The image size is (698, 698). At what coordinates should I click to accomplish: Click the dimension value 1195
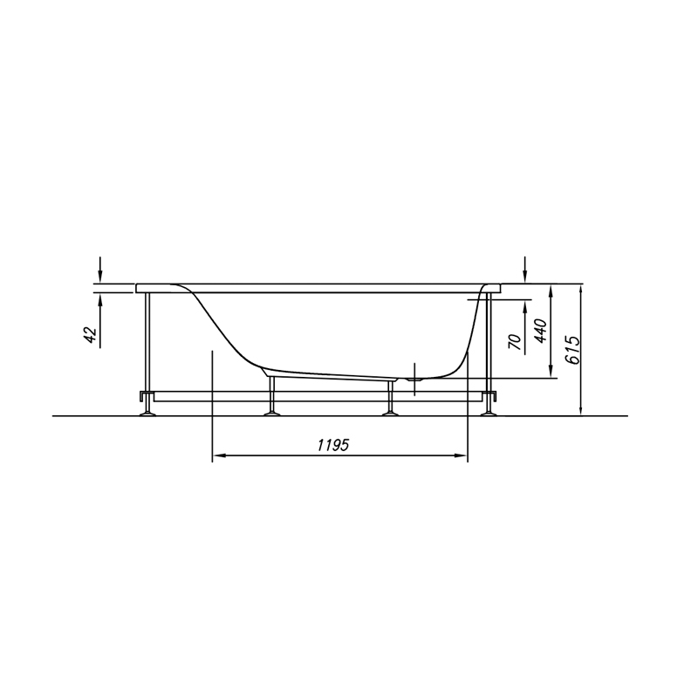[x=333, y=445]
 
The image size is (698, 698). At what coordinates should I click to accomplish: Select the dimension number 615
[x=574, y=351]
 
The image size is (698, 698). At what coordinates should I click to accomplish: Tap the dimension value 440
[x=540, y=331]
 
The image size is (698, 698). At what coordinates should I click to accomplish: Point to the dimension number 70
[x=514, y=341]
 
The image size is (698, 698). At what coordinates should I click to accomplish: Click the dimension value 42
[x=91, y=335]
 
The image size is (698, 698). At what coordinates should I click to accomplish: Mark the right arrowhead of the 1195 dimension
[x=460, y=455]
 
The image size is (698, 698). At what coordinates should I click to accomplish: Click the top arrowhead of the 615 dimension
[x=581, y=291]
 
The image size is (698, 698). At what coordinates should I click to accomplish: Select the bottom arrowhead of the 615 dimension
[x=581, y=407]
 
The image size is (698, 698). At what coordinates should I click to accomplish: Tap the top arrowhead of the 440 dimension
[x=551, y=292]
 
